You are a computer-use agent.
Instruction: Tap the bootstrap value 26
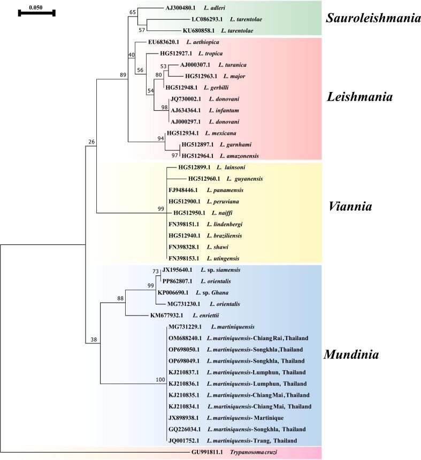pyautogui.click(x=91, y=142)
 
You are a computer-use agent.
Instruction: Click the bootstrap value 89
pyautogui.click(x=123, y=75)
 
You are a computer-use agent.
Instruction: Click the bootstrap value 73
pyautogui.click(x=156, y=271)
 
